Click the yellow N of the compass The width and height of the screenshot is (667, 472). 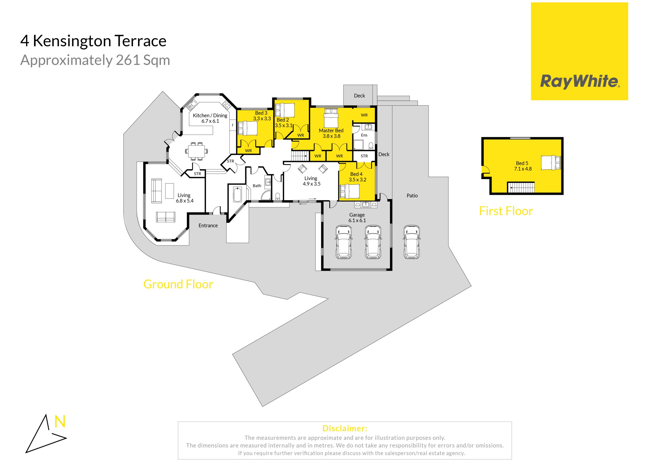[60, 421]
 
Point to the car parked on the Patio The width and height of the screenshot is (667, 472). [412, 242]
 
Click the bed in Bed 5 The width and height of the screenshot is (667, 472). [551, 162]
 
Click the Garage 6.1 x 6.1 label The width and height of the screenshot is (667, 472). [357, 217]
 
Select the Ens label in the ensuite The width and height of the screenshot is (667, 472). [364, 135]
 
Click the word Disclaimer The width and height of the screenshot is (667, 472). [345, 428]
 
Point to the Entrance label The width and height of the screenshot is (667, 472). [208, 225]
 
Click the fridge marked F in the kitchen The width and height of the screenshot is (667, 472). [233, 125]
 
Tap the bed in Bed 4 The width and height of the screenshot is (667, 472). [349, 191]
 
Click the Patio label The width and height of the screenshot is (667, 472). [412, 195]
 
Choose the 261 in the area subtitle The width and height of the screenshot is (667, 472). [127, 60]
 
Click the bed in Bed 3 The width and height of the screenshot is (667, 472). [248, 128]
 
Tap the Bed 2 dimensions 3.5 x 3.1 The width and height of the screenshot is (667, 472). [283, 126]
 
